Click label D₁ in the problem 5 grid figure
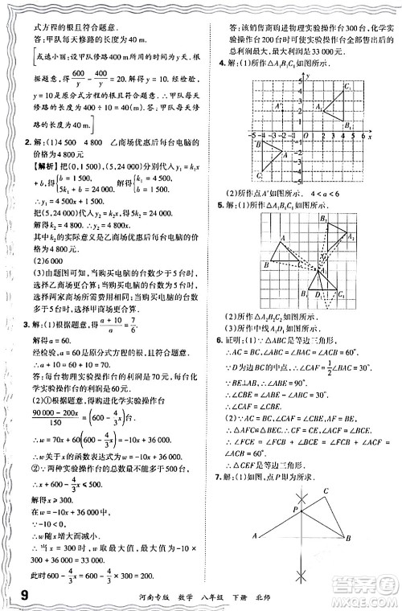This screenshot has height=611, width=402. [x=319, y=294]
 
